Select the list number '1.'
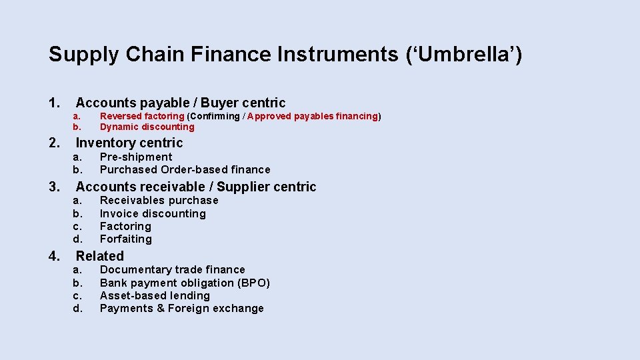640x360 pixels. click(x=55, y=103)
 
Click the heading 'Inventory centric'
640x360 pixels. click(x=129, y=143)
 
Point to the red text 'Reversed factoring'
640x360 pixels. click(x=142, y=116)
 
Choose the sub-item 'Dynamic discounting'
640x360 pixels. click(x=147, y=127)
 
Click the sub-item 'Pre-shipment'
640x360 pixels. click(x=136, y=157)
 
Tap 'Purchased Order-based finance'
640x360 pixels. click(x=185, y=169)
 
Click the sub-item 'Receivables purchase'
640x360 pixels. click(x=159, y=200)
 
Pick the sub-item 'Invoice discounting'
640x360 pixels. click(x=153, y=213)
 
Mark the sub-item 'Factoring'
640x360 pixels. click(x=125, y=226)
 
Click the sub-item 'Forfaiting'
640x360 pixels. click(x=126, y=239)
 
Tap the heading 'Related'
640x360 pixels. click(x=100, y=256)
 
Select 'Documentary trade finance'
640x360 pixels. click(x=172, y=269)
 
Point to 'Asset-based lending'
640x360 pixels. click(x=155, y=295)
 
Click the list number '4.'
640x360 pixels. click(x=55, y=256)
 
